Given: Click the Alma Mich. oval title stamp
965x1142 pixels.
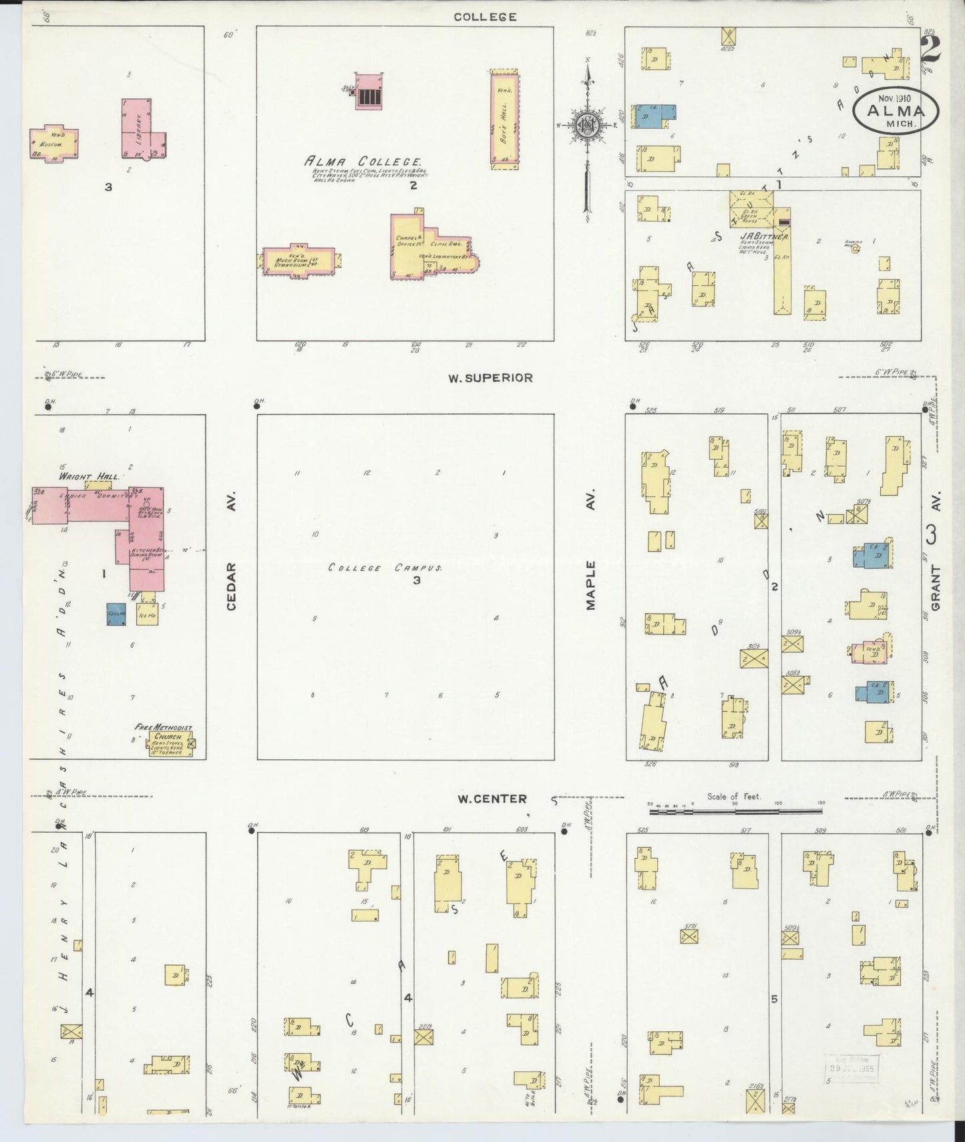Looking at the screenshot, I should [x=895, y=110].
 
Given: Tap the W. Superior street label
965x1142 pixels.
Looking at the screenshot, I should [x=490, y=378].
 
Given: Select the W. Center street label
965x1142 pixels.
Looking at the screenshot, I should [x=492, y=799].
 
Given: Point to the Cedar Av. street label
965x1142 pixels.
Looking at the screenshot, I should [x=232, y=586].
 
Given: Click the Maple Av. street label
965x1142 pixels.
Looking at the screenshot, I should [x=590, y=586].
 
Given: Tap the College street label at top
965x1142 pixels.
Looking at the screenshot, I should [x=485, y=17].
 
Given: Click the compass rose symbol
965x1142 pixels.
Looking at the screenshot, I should [x=586, y=125].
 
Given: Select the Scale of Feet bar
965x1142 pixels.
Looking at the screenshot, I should [x=735, y=811].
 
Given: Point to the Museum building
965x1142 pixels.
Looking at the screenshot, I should [x=53, y=143].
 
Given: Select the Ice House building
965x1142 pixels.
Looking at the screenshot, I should [x=147, y=612].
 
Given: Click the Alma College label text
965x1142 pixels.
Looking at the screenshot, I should [x=363, y=162].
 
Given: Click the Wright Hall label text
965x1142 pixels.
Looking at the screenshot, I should [x=89, y=477].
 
